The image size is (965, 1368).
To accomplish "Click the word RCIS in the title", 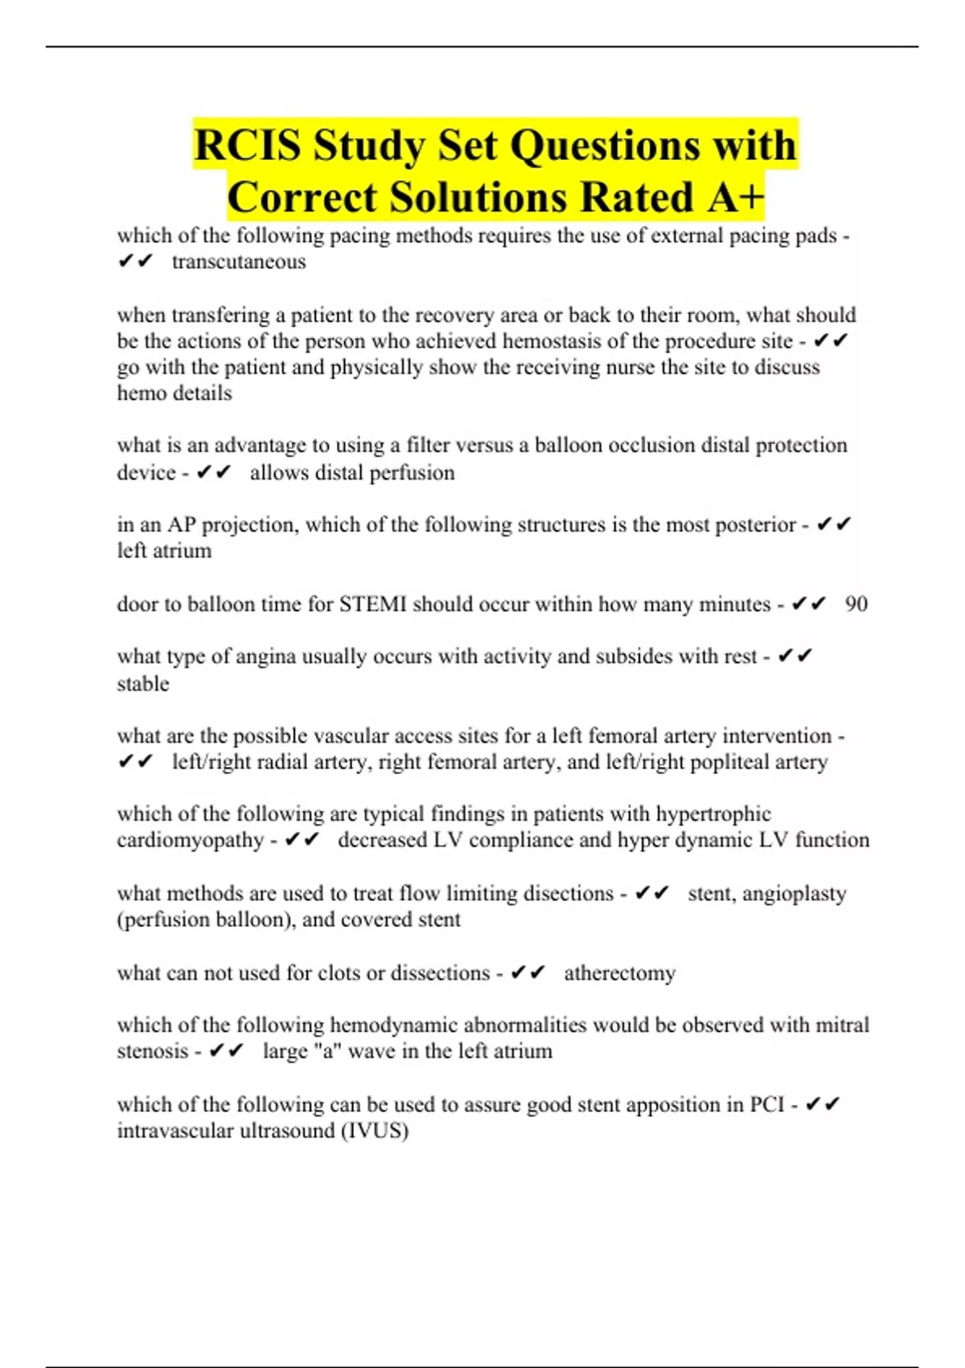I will tap(247, 146).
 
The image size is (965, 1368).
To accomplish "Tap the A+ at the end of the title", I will tap(735, 198).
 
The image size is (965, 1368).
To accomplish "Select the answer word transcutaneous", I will tap(239, 262).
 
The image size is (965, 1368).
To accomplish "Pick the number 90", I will tap(856, 604).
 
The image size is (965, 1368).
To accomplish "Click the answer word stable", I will tap(143, 684).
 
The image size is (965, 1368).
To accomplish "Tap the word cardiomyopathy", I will tap(190, 841).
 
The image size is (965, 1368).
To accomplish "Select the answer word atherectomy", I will tap(619, 974).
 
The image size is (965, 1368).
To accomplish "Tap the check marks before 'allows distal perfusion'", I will tap(214, 472).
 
